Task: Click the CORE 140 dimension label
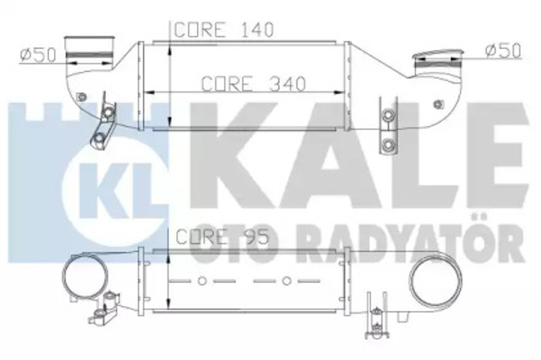point(224,30)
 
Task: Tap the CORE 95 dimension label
point(222,237)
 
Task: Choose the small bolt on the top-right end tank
point(437,104)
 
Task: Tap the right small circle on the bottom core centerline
point(288,279)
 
